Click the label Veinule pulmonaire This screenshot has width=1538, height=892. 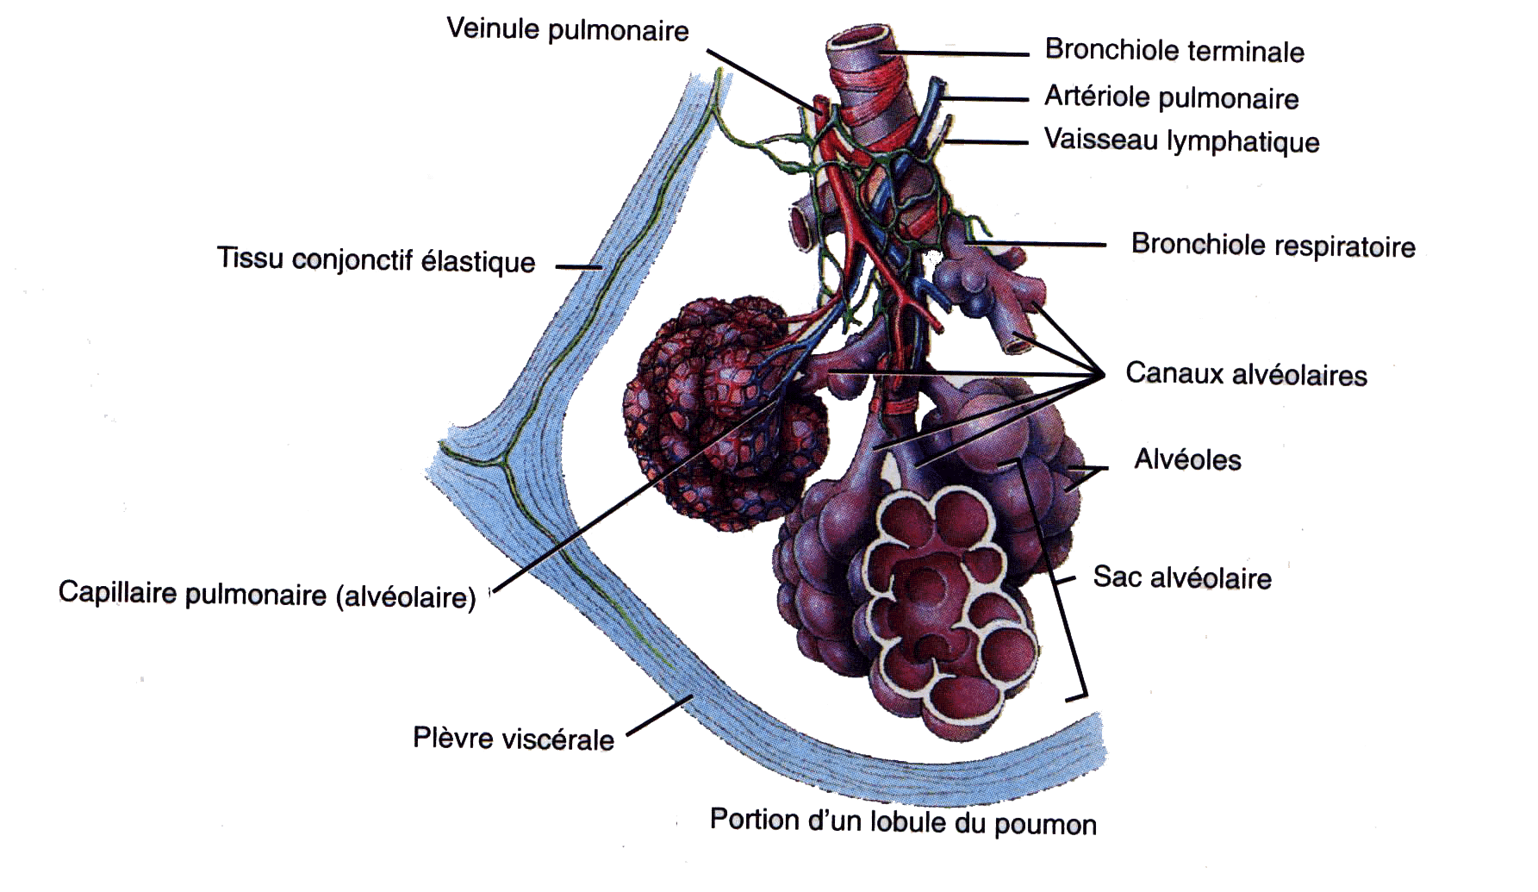(567, 30)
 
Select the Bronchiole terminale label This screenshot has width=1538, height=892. (1174, 50)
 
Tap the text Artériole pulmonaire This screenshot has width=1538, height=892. (1171, 97)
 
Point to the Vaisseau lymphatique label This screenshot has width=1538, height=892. (1181, 140)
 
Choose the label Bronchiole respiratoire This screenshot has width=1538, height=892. (1273, 246)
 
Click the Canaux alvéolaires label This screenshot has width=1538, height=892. (1246, 374)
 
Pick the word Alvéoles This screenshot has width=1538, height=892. (1187, 459)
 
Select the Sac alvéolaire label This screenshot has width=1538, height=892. (1181, 577)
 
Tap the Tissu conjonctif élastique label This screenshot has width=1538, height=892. (376, 259)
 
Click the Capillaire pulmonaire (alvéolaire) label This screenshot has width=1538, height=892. (267, 595)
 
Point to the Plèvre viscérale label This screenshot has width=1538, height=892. (514, 739)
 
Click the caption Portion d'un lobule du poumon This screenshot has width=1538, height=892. (902, 820)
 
